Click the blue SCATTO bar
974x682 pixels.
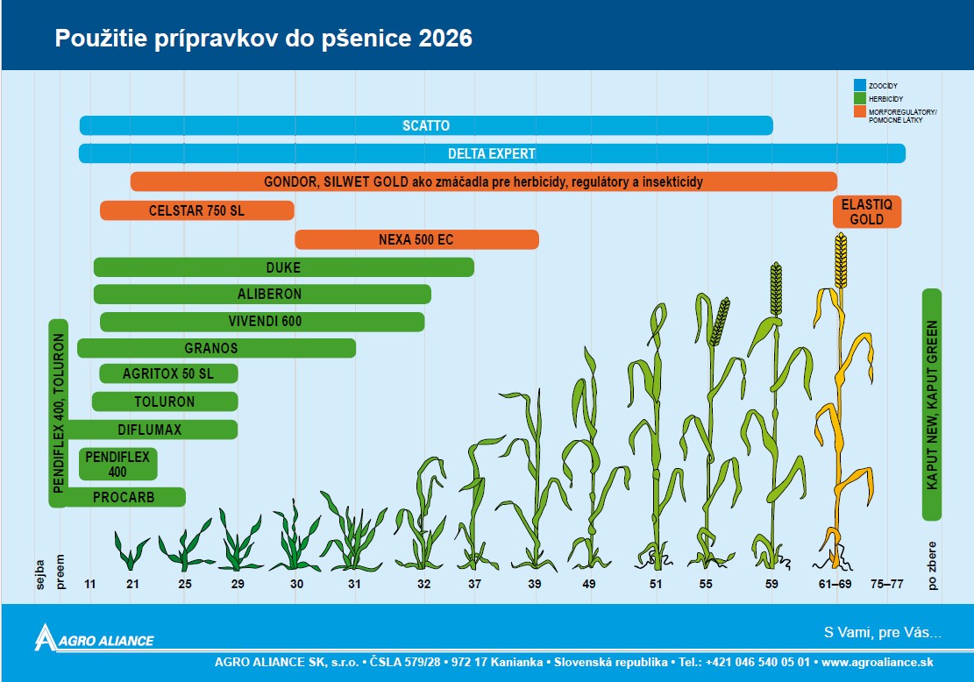pyautogui.click(x=426, y=125)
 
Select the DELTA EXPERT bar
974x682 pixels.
pyautogui.click(x=492, y=153)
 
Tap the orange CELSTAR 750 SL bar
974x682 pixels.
pyautogui.click(x=197, y=210)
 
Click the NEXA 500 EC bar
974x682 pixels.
pyautogui.click(x=416, y=239)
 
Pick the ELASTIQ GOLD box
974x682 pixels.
pyautogui.click(x=866, y=212)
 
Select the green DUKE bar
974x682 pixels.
pyautogui.click(x=283, y=267)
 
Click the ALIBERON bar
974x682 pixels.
pyautogui.click(x=262, y=295)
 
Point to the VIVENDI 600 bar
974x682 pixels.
pyautogui.click(x=263, y=322)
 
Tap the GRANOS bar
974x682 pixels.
pyautogui.click(x=217, y=348)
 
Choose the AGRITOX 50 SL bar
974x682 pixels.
pyautogui.click(x=168, y=374)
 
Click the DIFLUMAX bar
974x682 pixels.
pyautogui.click(x=150, y=430)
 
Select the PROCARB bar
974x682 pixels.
pyautogui.click(x=124, y=497)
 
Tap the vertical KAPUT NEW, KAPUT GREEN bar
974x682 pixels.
pyautogui.click(x=932, y=404)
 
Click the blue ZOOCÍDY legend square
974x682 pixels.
pyautogui.click(x=860, y=85)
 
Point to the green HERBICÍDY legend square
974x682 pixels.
pyautogui.click(x=860, y=99)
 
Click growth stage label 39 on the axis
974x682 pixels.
pyautogui.click(x=535, y=584)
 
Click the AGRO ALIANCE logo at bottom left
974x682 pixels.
pyautogui.click(x=95, y=638)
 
